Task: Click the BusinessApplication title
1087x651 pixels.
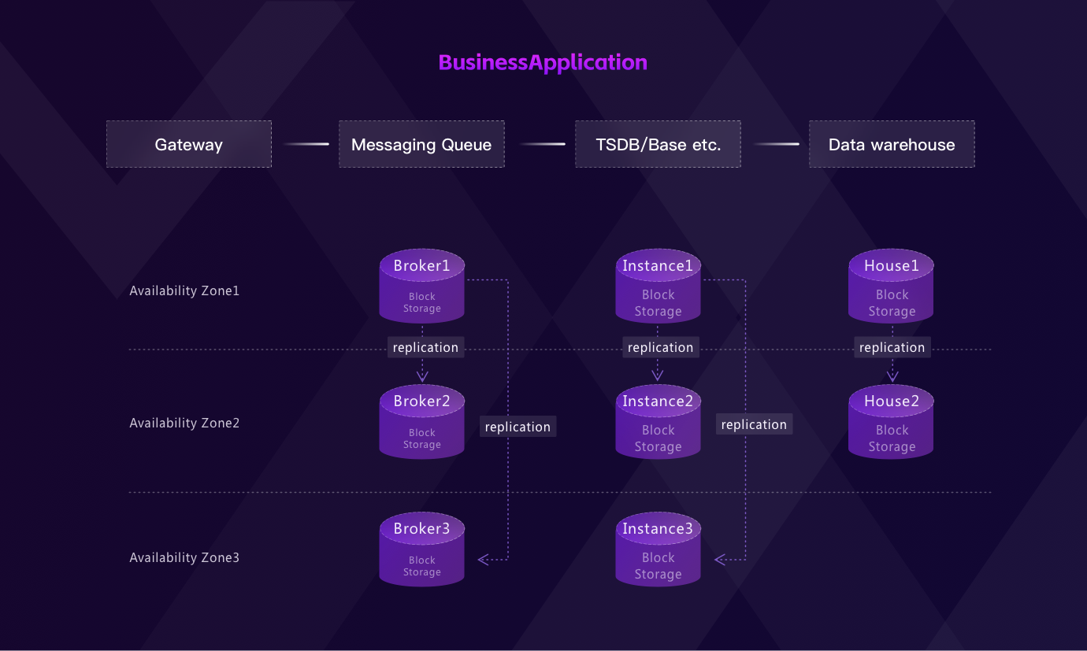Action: [543, 63]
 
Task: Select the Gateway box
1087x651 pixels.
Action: [189, 144]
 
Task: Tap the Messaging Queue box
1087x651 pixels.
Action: [421, 144]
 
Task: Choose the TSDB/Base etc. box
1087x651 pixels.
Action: [658, 144]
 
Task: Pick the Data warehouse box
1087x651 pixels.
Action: [892, 144]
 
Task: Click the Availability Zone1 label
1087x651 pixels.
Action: [184, 290]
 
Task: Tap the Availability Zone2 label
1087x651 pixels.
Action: [184, 423]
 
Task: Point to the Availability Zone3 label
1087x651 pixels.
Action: [184, 557]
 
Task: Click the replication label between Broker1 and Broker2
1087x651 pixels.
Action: [425, 347]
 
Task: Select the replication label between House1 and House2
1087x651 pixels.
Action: [892, 347]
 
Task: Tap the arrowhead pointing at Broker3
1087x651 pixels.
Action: [483, 560]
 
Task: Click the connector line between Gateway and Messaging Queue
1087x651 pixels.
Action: [306, 144]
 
